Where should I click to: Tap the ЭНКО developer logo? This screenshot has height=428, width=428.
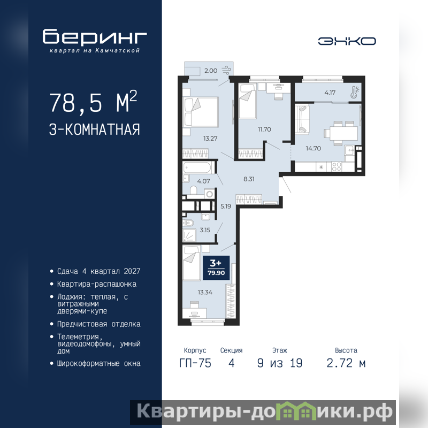pos(347,41)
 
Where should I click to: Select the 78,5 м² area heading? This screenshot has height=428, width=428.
pos(93,102)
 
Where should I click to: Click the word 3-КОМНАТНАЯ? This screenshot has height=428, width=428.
pos(95,129)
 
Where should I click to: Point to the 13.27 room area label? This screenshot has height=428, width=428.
pos(210,139)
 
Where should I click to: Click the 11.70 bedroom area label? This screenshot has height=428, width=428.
pos(264,129)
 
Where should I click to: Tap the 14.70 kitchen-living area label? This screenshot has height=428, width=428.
pos(314,149)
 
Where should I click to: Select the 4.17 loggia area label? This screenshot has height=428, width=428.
pos(330,93)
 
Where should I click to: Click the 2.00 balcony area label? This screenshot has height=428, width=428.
pos(211,71)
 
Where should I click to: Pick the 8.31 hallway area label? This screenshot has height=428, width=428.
pos(249,179)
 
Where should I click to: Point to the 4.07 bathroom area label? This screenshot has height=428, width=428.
pos(204,181)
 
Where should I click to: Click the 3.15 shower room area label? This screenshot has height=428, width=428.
pos(205,230)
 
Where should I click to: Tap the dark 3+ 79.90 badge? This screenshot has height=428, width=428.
pos(216,268)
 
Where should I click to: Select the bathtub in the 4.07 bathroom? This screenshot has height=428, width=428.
pos(197,167)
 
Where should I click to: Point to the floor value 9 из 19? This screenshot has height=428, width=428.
pos(280,363)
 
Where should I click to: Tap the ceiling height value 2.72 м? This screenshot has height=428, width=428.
pos(346,363)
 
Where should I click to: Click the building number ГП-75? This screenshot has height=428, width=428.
pos(195,363)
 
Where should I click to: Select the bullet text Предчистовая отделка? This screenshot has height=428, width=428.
pos(99,324)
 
